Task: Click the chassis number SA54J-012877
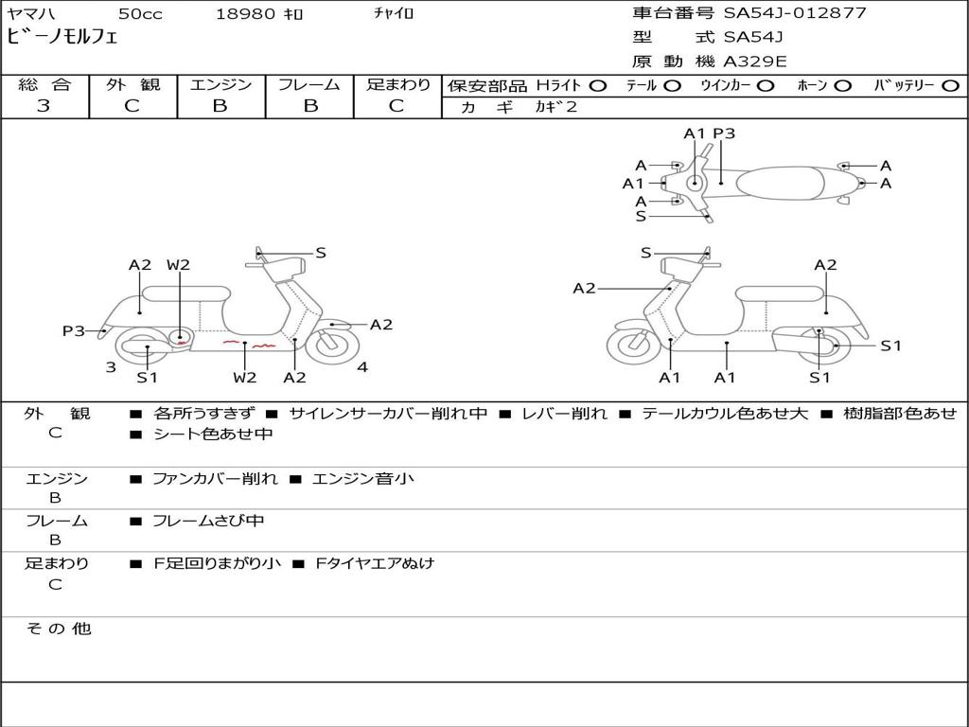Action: [x=795, y=13]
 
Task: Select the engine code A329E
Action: [x=755, y=62]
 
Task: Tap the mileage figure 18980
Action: [x=245, y=13]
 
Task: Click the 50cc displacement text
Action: [x=140, y=13]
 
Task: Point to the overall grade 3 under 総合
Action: [x=44, y=106]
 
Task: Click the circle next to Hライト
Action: [x=598, y=86]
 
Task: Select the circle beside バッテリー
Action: [x=950, y=86]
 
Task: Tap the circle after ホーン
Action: [x=842, y=86]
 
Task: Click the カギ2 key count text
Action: [x=556, y=107]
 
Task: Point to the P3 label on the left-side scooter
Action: [x=74, y=330]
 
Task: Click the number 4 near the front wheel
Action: [x=362, y=367]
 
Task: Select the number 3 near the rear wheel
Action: [x=111, y=367]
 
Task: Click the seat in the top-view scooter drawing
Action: [x=781, y=184]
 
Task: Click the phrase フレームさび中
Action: [x=208, y=522]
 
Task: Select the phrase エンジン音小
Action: [x=363, y=478]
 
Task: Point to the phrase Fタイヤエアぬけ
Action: [x=375, y=564]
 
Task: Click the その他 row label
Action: [x=59, y=629]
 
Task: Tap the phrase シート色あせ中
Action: [x=213, y=434]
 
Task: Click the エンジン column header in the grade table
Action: [x=221, y=84]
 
